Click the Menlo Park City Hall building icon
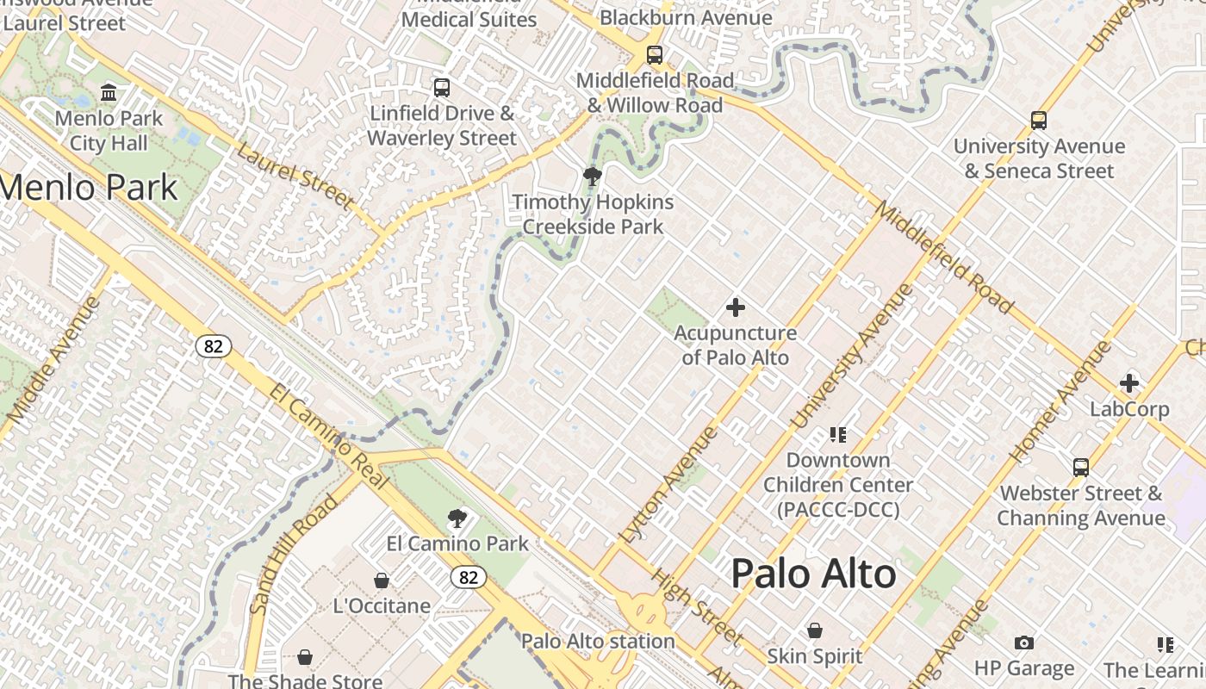pyautogui.click(x=109, y=92)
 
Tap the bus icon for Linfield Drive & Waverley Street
pyautogui.click(x=442, y=88)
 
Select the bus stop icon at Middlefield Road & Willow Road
pyautogui.click(x=655, y=56)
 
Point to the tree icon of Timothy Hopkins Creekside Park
pyautogui.click(x=592, y=177)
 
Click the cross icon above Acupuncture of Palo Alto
pyautogui.click(x=736, y=307)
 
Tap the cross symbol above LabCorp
pyautogui.click(x=1129, y=383)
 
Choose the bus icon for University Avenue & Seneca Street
pyautogui.click(x=1039, y=121)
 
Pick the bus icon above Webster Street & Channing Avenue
pyautogui.click(x=1081, y=468)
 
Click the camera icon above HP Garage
pyautogui.click(x=1024, y=642)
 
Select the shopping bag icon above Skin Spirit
pyautogui.click(x=815, y=631)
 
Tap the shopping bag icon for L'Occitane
pyautogui.click(x=382, y=580)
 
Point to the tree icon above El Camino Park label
pyautogui.click(x=457, y=518)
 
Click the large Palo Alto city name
pyautogui.click(x=814, y=574)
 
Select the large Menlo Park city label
pyautogui.click(x=88, y=187)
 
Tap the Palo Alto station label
pyautogui.click(x=598, y=641)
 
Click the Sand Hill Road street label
pyautogui.click(x=294, y=553)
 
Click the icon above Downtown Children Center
pyautogui.click(x=838, y=434)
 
